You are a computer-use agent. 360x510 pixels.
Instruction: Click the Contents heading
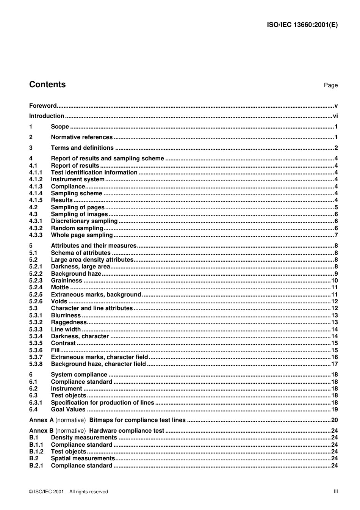coord(47,85)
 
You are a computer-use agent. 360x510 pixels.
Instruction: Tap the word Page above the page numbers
coord(330,85)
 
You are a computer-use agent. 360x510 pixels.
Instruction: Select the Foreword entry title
coord(43,106)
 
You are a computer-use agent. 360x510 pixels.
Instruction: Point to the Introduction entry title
coord(47,116)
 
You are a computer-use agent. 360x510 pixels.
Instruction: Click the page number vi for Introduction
coord(335,116)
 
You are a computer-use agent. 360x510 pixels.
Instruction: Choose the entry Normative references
coord(82,137)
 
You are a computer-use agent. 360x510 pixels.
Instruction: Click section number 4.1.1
coord(36,173)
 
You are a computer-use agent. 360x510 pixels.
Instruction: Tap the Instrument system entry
coord(78,179)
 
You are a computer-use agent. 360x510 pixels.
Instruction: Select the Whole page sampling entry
coord(82,235)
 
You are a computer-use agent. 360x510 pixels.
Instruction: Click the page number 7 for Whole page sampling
coord(336,235)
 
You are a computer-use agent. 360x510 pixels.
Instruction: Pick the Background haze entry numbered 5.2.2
coord(76,274)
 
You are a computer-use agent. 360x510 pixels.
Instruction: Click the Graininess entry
coord(67,281)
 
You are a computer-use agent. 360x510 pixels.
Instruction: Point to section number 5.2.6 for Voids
coord(36,301)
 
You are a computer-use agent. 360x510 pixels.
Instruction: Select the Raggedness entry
coord(69,322)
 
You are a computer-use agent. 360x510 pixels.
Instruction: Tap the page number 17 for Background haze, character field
coord(334,364)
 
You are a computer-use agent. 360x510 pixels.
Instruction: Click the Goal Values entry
coord(68,410)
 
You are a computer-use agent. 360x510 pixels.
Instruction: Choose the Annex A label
coord(41,420)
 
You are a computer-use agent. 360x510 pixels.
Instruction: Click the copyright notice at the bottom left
coord(69,492)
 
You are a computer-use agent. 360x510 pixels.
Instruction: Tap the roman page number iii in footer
coord(336,491)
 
